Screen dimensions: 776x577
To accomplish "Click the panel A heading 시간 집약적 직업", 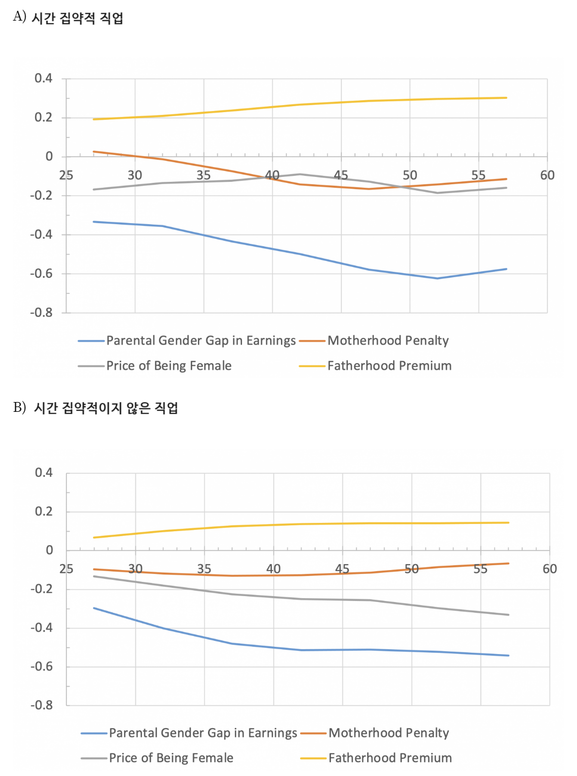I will [77, 18].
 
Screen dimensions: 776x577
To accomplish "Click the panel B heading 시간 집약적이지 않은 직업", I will [105, 408].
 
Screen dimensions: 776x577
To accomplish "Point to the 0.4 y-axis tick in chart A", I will [43, 78].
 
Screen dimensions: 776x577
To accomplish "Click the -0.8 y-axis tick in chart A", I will [41, 313].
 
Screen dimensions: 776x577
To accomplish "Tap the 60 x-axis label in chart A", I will [547, 175].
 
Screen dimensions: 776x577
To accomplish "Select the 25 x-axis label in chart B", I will [66, 569].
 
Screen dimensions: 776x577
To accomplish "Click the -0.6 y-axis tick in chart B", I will [42, 666].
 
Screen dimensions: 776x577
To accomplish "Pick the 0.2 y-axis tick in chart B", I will [44, 512].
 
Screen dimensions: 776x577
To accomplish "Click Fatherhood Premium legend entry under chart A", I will [389, 366].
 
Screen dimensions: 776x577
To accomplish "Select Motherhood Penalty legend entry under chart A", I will [388, 341].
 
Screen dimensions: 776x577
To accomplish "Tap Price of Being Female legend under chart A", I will [169, 366].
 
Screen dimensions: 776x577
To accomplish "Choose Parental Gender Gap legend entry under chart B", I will [203, 733].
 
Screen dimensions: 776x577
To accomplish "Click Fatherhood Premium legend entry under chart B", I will [390, 758].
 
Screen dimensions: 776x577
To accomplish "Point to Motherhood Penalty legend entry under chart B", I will [389, 733].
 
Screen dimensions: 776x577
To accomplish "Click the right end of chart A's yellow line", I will [506, 98].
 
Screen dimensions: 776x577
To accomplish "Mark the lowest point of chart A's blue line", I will [437, 278].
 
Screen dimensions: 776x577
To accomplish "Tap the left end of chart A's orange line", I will [94, 151].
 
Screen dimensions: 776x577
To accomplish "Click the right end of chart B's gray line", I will [508, 615].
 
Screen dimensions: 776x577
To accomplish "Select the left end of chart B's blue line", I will [94, 608].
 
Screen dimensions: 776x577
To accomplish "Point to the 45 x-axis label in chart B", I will [342, 569].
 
